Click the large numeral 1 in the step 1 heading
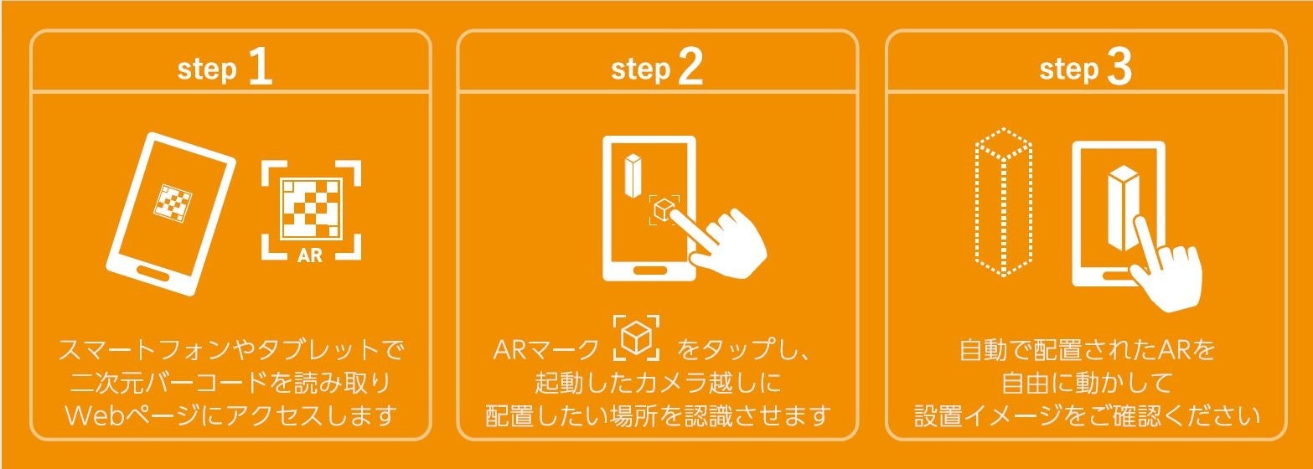261,67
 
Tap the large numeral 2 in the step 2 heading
690,67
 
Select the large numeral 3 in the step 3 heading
1119,67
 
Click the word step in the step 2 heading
641,70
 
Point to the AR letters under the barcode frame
310,255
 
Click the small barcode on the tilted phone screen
173,203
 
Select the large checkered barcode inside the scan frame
311,209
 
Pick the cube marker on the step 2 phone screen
664,209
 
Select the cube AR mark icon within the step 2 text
636,338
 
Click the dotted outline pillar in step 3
1003,202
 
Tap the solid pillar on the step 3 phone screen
1123,208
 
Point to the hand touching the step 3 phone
1164,266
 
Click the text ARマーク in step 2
545,350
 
